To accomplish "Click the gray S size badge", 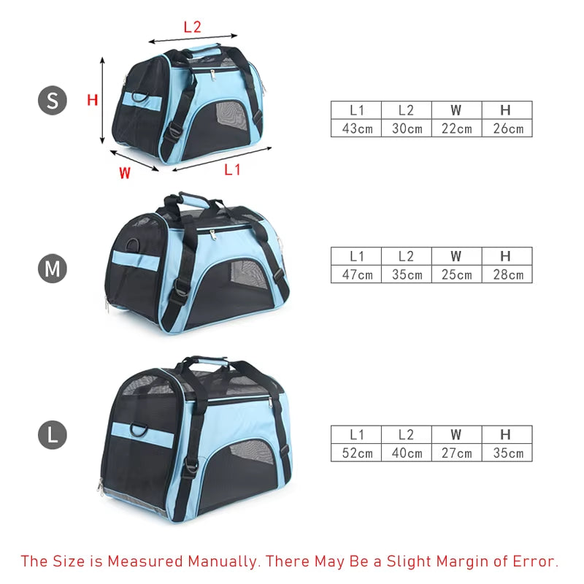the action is click(x=53, y=100).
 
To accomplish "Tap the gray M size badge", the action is click(x=53, y=268).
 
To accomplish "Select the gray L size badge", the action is click(x=53, y=434).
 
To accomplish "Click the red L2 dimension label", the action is click(x=193, y=27).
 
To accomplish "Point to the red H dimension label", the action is click(x=93, y=100).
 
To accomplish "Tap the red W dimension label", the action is click(x=125, y=173).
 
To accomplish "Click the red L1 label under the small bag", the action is click(x=232, y=170).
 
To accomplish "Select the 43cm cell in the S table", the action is click(x=356, y=128).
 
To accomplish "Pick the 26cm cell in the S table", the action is click(x=507, y=128).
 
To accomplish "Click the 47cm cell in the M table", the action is click(x=356, y=274).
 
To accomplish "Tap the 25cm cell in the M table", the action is click(x=457, y=274).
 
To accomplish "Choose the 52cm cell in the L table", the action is click(x=356, y=453).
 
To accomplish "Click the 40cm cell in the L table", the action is click(x=407, y=453).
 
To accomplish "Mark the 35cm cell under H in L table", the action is click(x=507, y=453).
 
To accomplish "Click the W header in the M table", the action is click(x=457, y=256).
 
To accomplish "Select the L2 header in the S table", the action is click(x=407, y=110).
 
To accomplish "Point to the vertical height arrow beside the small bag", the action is click(x=102, y=101).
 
